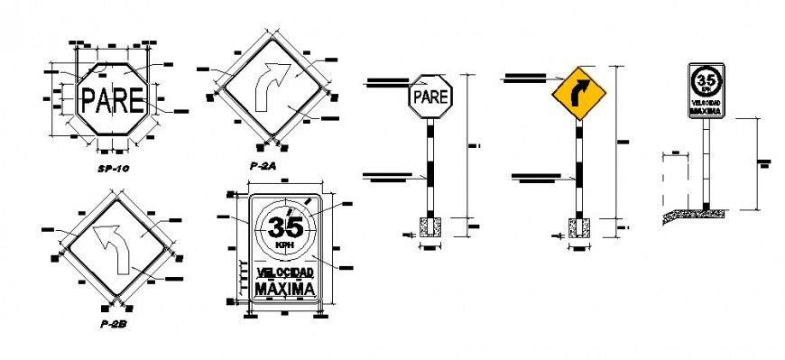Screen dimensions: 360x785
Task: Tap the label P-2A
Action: pyautogui.click(x=264, y=166)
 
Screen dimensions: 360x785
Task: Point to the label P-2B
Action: pyautogui.click(x=115, y=322)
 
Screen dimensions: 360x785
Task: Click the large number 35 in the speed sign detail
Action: pyautogui.click(x=286, y=222)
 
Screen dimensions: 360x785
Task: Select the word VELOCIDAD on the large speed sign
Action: pyautogui.click(x=285, y=272)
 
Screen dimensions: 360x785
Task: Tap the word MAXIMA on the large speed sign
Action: pyautogui.click(x=285, y=289)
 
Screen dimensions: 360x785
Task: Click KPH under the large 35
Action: pyautogui.click(x=285, y=245)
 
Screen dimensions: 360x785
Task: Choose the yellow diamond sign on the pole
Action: pyautogui.click(x=578, y=91)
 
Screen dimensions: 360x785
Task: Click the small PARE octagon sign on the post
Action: pyautogui.click(x=429, y=95)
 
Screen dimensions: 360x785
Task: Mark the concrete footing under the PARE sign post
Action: pyautogui.click(x=429, y=227)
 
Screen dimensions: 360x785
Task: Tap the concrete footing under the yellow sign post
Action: pyautogui.click(x=578, y=228)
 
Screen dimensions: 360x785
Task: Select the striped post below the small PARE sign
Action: pyautogui.click(x=429, y=167)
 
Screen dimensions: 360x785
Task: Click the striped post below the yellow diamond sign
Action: pyautogui.click(x=578, y=167)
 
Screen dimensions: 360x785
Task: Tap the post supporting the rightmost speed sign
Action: pyautogui.click(x=706, y=162)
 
